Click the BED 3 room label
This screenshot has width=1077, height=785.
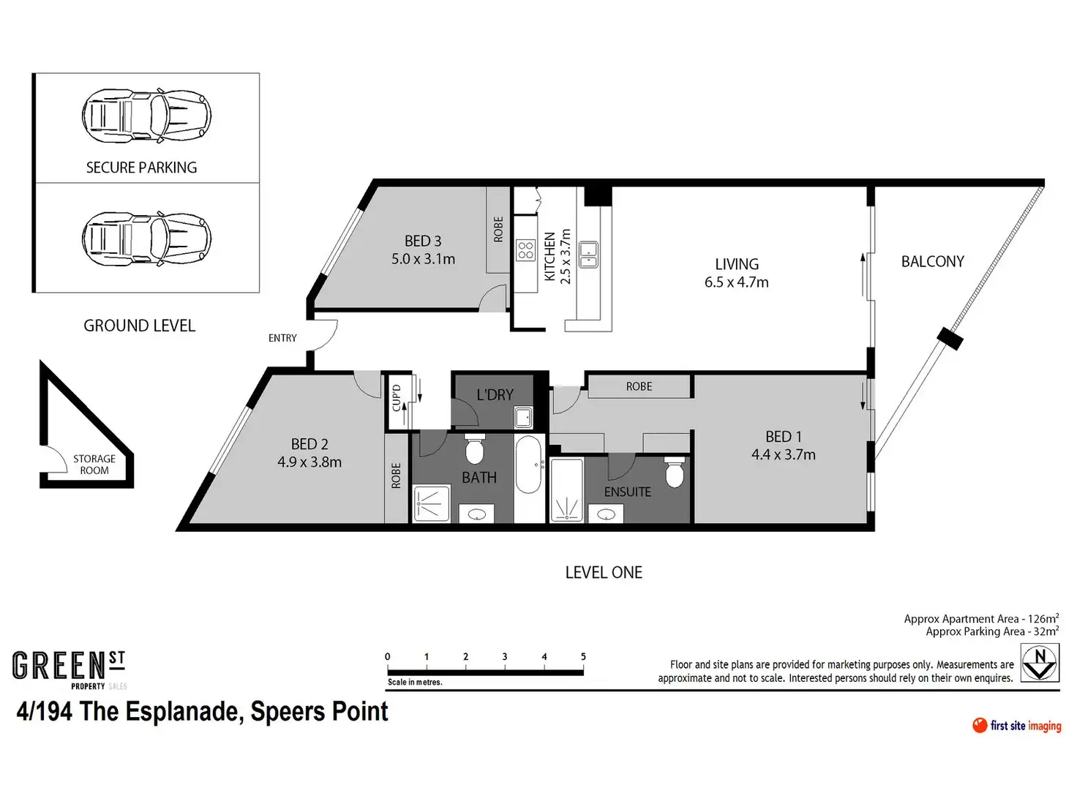point(423,241)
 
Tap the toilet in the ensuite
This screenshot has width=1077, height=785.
point(674,472)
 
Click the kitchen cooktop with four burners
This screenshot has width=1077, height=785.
point(525,250)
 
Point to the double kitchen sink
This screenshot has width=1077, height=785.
point(588,255)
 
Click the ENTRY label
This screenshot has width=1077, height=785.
point(282,338)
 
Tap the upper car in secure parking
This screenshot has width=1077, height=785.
point(146,116)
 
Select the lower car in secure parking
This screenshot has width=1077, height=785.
point(146,239)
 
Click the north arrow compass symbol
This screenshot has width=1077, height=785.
point(1039,664)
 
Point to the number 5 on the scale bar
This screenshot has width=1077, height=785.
point(583,657)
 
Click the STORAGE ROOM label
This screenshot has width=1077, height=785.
point(94,465)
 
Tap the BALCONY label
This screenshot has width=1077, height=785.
point(932,261)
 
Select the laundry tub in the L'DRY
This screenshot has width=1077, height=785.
point(523,417)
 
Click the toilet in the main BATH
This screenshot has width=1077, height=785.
point(475,448)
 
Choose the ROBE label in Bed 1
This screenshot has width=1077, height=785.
point(639,386)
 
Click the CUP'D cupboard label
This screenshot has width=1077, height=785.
point(396,398)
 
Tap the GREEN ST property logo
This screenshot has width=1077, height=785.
point(70,670)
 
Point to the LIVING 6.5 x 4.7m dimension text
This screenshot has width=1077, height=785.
point(736,282)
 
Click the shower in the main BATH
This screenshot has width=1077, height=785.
point(432,504)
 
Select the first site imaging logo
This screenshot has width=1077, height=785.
point(1016,726)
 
